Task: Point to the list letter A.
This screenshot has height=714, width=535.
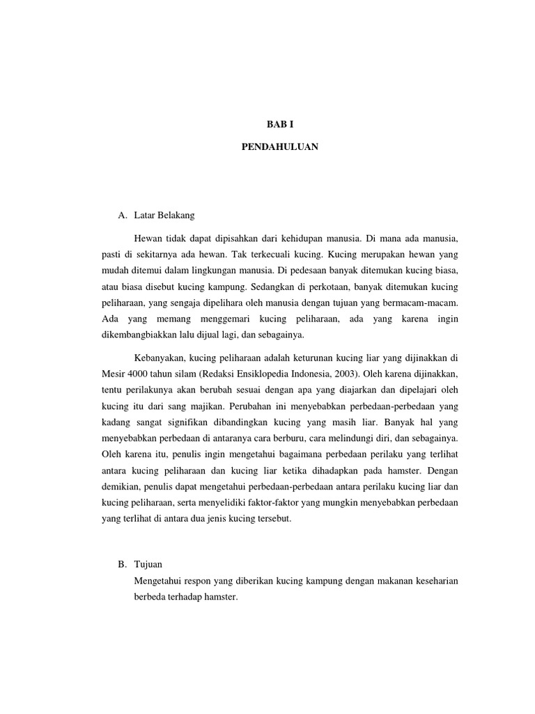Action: pyautogui.click(x=123, y=215)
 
